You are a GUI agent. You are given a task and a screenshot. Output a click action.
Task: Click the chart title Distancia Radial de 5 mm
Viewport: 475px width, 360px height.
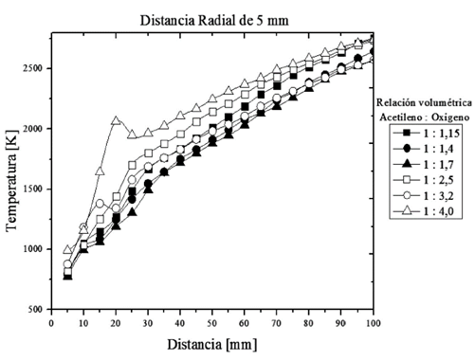coord(212,19)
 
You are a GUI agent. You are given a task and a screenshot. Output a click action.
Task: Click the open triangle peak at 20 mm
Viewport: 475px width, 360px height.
coord(116,120)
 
